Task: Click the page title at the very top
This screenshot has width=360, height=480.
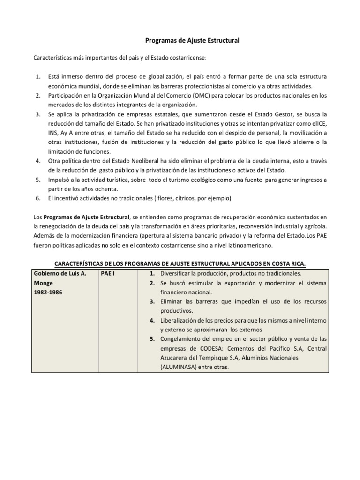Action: pyautogui.click(x=180, y=41)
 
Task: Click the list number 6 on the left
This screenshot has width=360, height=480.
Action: pyautogui.click(x=37, y=198)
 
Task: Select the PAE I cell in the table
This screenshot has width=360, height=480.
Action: pyautogui.click(x=109, y=273)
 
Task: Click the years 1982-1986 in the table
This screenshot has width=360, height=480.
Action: pyautogui.click(x=48, y=292)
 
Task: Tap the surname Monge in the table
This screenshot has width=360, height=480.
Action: pyautogui.click(x=43, y=283)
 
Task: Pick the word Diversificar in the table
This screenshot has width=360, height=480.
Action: pyautogui.click(x=176, y=273)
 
